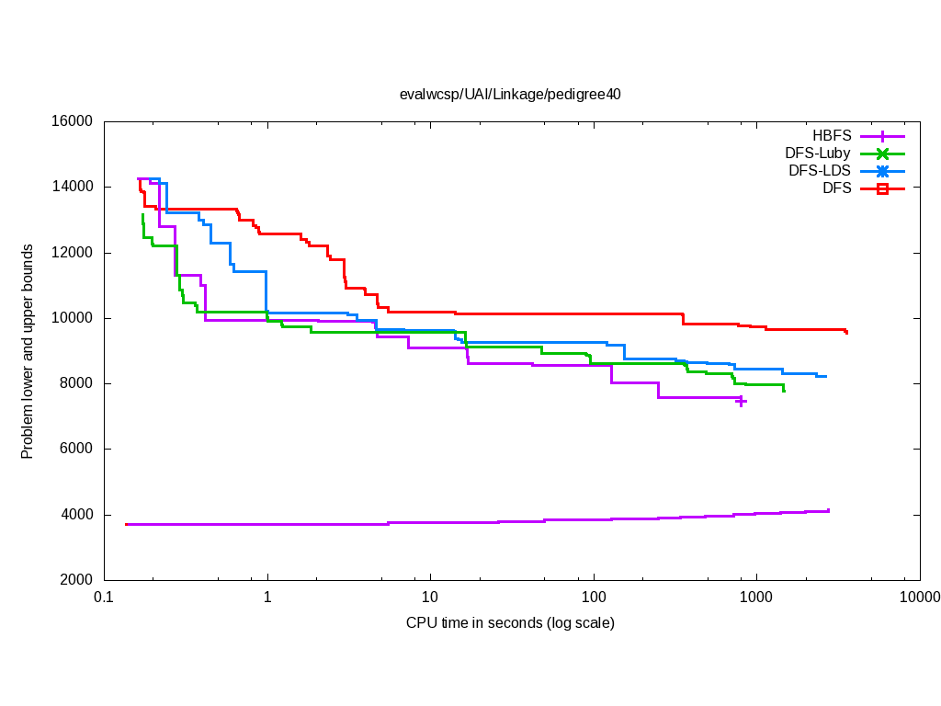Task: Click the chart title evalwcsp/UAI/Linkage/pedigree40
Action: (510, 94)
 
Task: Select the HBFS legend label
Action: (831, 136)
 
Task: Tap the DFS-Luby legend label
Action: (817, 154)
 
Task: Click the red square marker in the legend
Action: (882, 188)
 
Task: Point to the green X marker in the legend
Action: (882, 154)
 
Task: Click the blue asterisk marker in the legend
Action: (882, 171)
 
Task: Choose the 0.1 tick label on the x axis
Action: (104, 597)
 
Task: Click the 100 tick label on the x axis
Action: (594, 597)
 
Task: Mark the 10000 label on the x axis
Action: (919, 597)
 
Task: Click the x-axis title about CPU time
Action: (510, 623)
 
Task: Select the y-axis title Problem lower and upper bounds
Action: (28, 352)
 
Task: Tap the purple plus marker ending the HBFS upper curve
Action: (741, 401)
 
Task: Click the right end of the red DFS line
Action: (846, 332)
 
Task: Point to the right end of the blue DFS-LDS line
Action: (826, 376)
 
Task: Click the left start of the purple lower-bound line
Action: (126, 524)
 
